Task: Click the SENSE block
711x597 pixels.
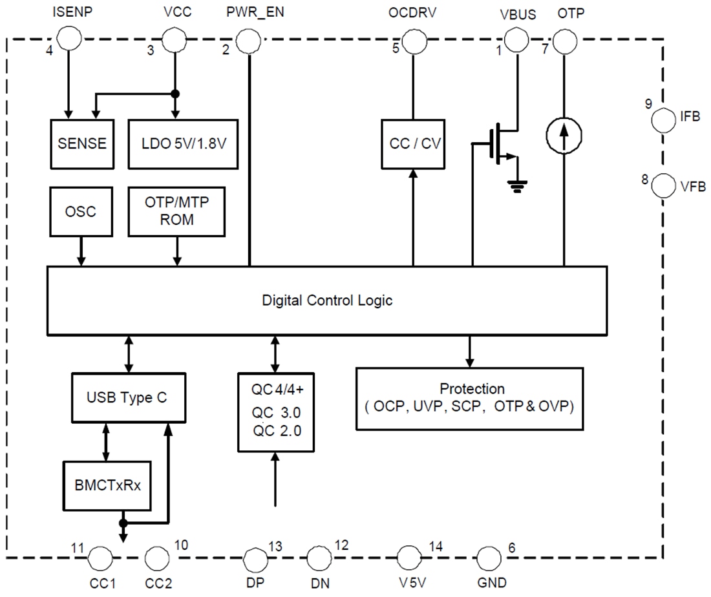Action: [x=82, y=143]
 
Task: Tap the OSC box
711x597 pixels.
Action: [x=81, y=212]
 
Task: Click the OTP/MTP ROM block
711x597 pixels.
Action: [x=177, y=211]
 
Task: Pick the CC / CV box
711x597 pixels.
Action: [x=413, y=143]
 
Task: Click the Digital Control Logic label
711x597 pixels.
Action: [x=327, y=300]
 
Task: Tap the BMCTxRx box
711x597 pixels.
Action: [x=106, y=484]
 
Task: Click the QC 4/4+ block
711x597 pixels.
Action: [x=276, y=412]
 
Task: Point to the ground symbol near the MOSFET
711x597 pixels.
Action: [x=516, y=186]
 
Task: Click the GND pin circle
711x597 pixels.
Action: [x=489, y=556]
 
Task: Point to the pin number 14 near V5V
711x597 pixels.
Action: [x=436, y=546]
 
